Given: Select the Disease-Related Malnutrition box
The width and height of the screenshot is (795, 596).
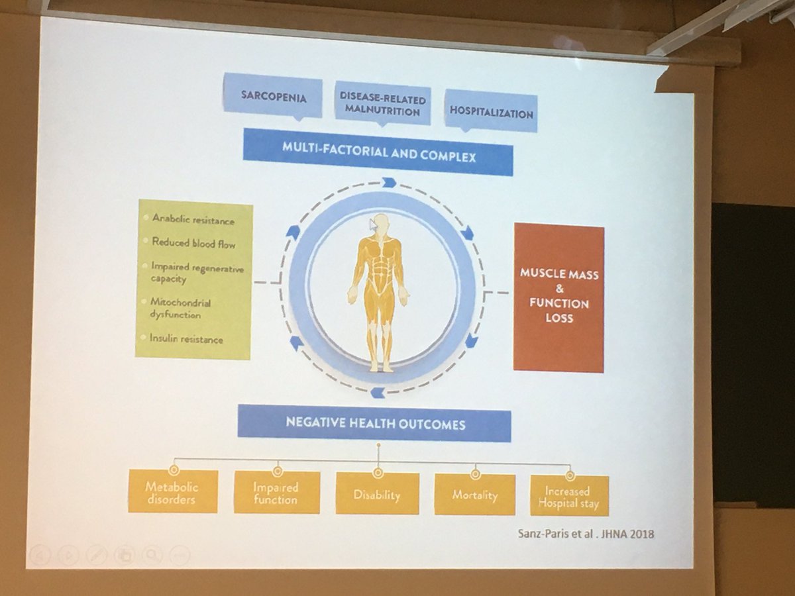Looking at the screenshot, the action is pos(382,105).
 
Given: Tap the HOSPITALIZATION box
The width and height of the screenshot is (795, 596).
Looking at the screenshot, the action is pos(491,113).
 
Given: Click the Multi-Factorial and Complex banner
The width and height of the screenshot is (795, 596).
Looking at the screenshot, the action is pos(378,152).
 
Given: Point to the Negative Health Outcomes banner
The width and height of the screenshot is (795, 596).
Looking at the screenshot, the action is pos(374,424).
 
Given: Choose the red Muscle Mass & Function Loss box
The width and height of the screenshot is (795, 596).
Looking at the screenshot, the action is pos(558,298).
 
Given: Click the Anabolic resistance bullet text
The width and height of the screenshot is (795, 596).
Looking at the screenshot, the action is pos(193,220).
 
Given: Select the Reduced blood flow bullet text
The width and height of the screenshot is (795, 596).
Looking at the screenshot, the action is pos(193,244).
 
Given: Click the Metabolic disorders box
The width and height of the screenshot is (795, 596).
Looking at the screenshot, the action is pos(172,492).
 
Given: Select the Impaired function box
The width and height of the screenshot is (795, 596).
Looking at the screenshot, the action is pos(276,493).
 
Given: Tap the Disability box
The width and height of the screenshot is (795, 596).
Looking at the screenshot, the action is pos(377,494).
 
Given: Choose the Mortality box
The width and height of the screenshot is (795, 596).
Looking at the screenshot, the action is pos(474,495).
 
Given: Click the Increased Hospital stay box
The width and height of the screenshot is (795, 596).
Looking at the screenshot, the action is pos(568,497).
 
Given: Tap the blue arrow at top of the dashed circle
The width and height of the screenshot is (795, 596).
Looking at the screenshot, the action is pos(389,182).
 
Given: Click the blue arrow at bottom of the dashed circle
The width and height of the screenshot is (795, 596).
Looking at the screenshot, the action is pos(378,393).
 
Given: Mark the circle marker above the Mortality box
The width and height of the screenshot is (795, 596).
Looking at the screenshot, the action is pos(475,474).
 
